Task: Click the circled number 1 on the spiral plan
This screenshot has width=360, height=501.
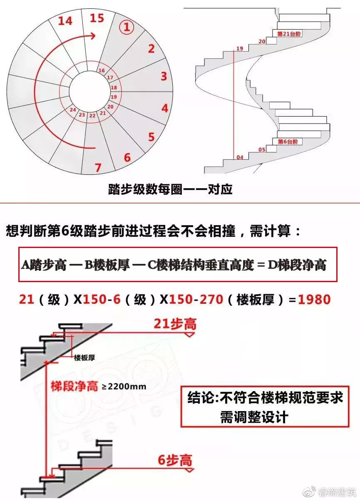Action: [x=127, y=27]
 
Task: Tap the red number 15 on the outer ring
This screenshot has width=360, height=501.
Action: [x=97, y=18]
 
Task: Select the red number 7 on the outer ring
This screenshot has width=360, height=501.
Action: [x=98, y=168]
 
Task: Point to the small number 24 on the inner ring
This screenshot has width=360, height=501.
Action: [x=72, y=110]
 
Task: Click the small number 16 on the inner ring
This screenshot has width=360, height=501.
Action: [x=101, y=70]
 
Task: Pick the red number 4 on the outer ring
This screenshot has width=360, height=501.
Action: [x=165, y=108]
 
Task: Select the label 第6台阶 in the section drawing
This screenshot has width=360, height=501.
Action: [x=288, y=141]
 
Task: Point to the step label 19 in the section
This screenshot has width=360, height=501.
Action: [x=239, y=49]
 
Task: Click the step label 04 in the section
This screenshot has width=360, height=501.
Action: [x=240, y=157]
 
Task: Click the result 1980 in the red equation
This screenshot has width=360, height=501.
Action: [x=314, y=299]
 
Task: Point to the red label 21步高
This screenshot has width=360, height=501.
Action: [x=175, y=324]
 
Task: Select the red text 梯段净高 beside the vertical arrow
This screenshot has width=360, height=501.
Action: [x=74, y=386]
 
